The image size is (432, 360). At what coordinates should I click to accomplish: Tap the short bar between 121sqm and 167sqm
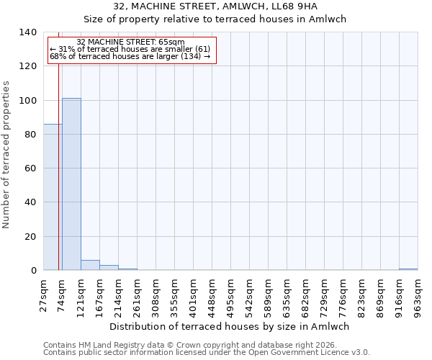point(90,265)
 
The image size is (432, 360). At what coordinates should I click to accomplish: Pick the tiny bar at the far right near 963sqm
point(408,269)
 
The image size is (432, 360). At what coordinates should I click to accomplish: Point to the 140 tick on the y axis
point(28,32)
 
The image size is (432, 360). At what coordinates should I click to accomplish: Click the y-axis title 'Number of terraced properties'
point(7,154)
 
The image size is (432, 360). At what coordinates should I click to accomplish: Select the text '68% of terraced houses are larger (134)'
point(130,56)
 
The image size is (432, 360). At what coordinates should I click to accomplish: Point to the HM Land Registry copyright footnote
point(190,346)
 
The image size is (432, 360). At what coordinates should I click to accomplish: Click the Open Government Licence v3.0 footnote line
point(207,353)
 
